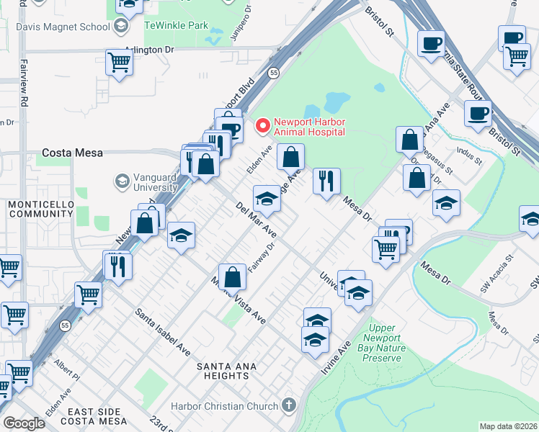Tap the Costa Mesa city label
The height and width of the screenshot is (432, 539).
(72, 153)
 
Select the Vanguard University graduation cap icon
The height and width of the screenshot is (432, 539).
(121, 180)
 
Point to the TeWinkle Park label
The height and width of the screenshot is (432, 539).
(177, 25)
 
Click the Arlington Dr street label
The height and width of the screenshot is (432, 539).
(150, 50)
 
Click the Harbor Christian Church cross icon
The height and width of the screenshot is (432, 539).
(290, 405)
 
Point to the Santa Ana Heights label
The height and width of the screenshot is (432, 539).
(223, 371)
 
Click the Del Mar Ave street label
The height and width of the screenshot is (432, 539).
(256, 220)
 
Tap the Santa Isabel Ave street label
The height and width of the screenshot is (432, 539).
(163, 332)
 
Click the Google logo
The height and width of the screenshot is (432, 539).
(24, 423)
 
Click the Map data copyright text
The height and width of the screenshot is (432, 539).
(509, 426)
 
